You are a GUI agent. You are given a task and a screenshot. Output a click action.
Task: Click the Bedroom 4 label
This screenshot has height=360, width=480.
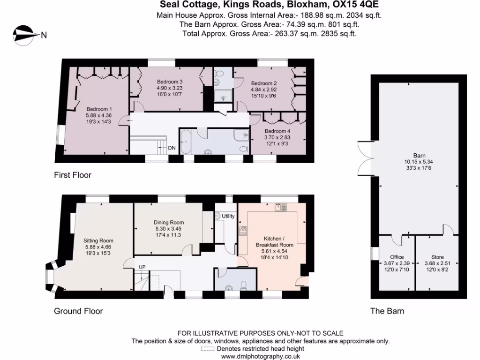(x=277, y=131)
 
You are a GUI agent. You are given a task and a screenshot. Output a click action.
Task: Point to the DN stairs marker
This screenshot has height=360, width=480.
(x=172, y=148)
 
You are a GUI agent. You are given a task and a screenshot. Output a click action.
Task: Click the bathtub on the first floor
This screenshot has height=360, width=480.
(x=185, y=142)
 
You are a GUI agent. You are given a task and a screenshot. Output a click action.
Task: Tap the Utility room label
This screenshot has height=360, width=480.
(x=228, y=216)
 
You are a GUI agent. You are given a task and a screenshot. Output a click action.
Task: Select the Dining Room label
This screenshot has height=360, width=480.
(x=169, y=222)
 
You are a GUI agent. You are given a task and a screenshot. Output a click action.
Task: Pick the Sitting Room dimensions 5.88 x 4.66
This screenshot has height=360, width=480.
(x=99, y=247)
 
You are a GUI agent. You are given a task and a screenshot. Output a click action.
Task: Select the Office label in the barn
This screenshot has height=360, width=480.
(x=397, y=257)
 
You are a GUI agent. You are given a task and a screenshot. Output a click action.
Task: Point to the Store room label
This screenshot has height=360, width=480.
(x=437, y=257)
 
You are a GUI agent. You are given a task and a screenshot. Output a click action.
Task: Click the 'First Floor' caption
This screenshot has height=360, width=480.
(x=72, y=175)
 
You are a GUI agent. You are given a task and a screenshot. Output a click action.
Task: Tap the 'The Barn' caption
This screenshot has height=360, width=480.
(x=387, y=311)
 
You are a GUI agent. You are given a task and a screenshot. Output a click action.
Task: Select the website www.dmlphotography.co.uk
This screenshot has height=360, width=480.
(x=260, y=356)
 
